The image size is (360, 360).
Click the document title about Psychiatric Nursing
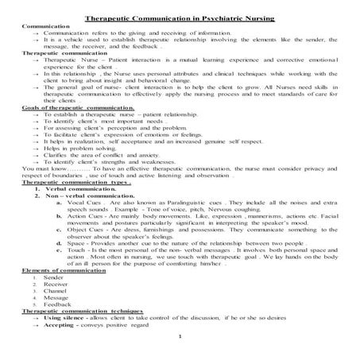pos(180,17)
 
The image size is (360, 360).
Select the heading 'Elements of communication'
pos(54,271)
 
